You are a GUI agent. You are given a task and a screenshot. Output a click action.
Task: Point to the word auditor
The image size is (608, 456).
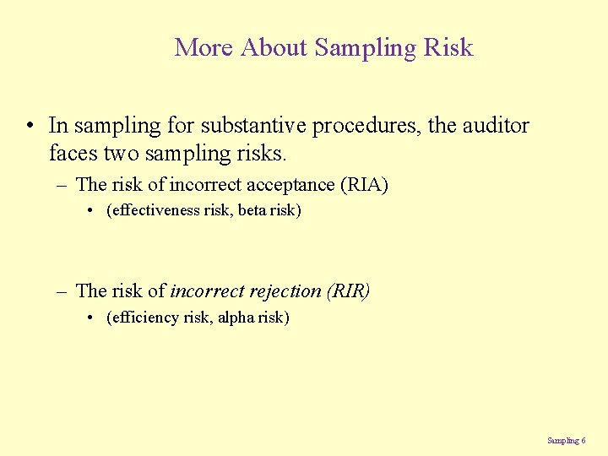(x=494, y=126)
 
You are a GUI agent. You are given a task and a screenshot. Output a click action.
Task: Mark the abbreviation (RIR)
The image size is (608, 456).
(x=348, y=291)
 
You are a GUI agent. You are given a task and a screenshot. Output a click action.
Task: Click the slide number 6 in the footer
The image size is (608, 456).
(x=584, y=440)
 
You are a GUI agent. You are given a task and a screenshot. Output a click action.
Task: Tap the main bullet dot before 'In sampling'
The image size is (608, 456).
(x=30, y=127)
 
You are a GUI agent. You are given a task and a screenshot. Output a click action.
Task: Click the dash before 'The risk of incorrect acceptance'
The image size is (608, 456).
(x=62, y=185)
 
